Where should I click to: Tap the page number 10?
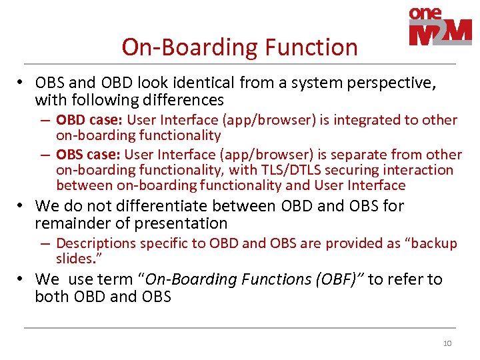click(447, 343)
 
